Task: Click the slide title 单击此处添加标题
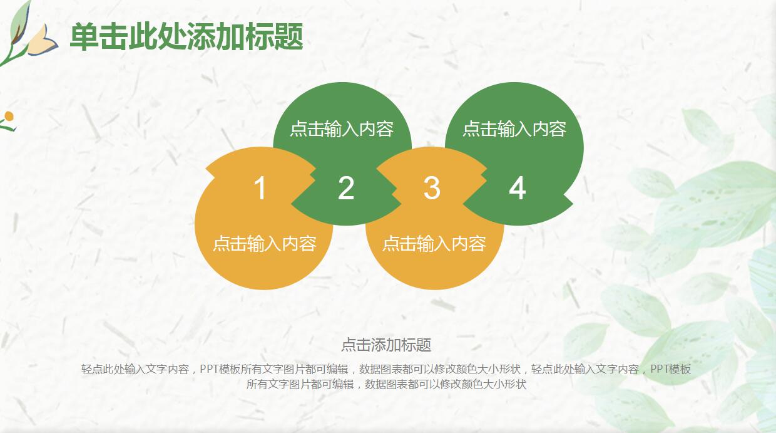[186, 37]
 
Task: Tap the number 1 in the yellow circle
[260, 188]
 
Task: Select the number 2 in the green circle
[346, 188]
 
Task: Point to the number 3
[432, 188]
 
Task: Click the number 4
[517, 188]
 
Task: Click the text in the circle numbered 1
[264, 243]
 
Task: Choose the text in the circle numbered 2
[342, 129]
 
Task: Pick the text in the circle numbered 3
[434, 243]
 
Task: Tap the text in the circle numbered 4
[514, 129]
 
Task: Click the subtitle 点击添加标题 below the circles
[386, 345]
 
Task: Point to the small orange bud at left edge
[9, 117]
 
